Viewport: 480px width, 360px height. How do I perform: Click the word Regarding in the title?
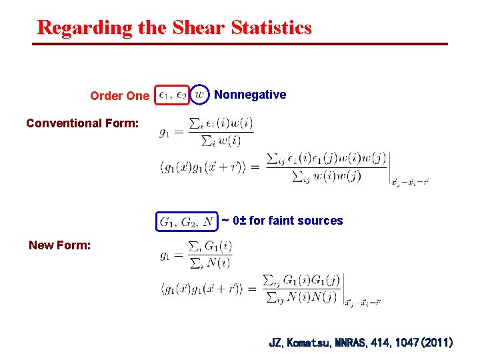pos(74,28)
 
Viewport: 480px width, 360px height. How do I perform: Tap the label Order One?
pos(120,96)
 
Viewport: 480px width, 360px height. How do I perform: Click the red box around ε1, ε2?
pos(173,95)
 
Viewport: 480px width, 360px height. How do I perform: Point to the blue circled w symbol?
pos(201,95)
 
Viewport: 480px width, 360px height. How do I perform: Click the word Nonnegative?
pos(250,95)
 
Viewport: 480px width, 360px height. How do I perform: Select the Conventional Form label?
pos(83,123)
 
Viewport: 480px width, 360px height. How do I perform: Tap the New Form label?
pos(60,245)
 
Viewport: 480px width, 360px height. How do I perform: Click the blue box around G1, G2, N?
pos(186,221)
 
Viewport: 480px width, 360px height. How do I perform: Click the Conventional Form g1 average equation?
pos(206,131)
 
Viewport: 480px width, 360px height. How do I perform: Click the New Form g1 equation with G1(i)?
pos(196,254)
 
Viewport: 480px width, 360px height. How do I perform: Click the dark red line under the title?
pos(240,45)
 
